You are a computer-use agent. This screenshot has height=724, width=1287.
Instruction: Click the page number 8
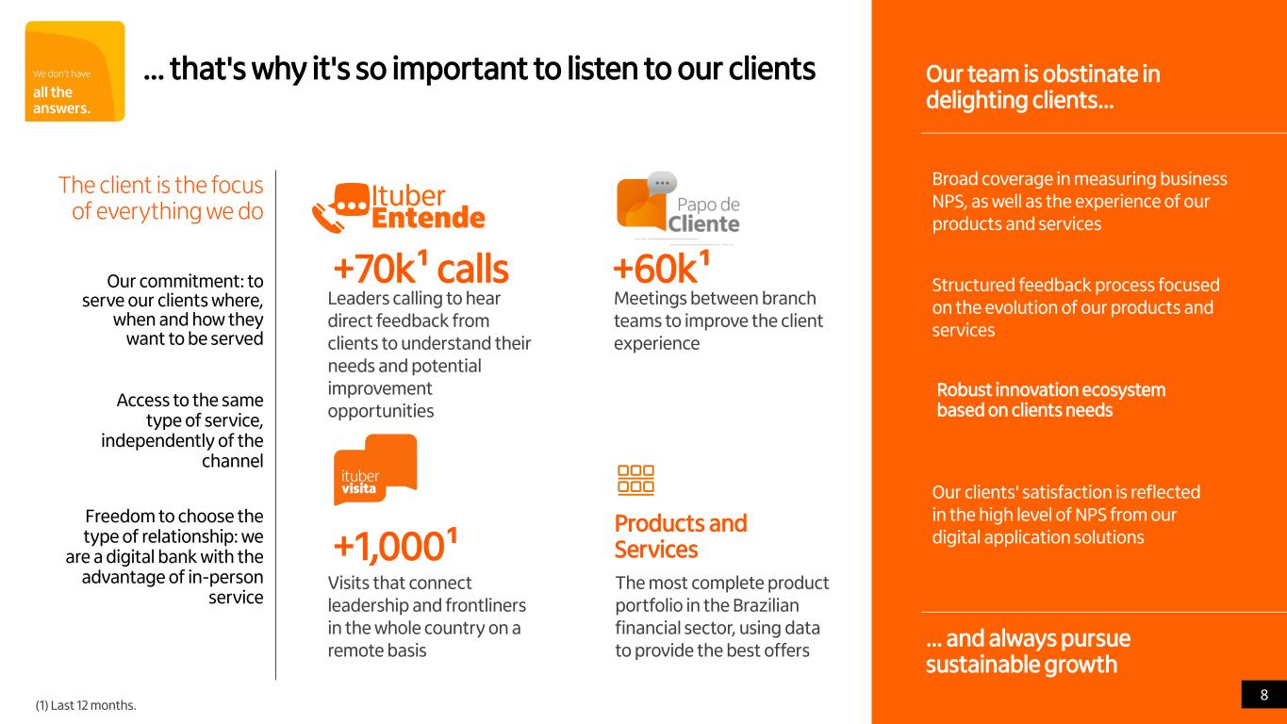click(x=1264, y=695)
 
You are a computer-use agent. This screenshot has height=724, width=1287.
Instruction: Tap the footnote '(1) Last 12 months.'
click(x=86, y=705)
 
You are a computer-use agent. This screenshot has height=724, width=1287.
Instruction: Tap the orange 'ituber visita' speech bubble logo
click(x=375, y=469)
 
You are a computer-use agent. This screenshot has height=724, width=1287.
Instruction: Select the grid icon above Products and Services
click(x=635, y=480)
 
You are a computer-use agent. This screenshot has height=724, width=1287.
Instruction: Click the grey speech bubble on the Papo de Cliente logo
click(x=662, y=183)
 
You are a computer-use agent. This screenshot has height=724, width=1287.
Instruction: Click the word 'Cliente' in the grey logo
click(x=703, y=224)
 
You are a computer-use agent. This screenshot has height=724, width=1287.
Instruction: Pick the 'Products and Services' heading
click(x=681, y=536)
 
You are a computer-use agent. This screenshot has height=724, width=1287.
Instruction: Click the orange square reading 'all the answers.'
click(x=74, y=72)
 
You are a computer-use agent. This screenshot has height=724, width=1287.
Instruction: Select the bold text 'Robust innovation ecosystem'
click(x=1051, y=389)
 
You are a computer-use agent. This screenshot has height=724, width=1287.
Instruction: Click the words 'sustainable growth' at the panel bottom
click(x=1021, y=665)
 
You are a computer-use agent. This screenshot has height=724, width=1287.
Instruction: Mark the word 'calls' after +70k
click(x=472, y=269)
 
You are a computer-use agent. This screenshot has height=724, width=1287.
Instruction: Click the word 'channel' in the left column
click(x=232, y=461)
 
